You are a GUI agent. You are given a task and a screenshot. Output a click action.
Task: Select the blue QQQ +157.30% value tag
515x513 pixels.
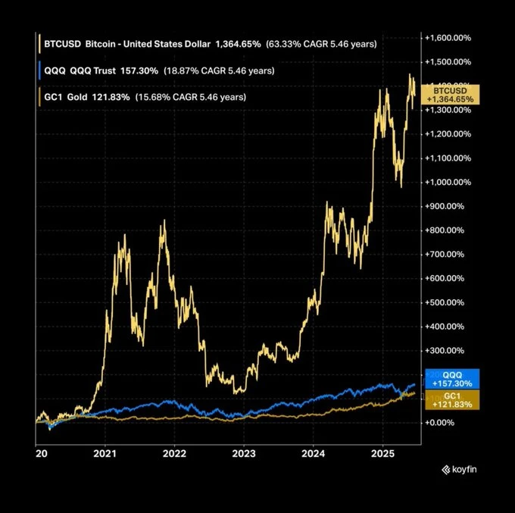point(452,379)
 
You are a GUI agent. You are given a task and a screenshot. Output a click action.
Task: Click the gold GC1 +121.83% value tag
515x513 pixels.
point(452,400)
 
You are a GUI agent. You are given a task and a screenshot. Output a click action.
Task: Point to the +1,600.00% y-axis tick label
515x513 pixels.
point(450,38)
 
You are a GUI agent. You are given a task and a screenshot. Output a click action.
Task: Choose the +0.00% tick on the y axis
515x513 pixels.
point(442,423)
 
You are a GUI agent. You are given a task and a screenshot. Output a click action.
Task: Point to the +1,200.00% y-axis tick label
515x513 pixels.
point(450,134)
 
